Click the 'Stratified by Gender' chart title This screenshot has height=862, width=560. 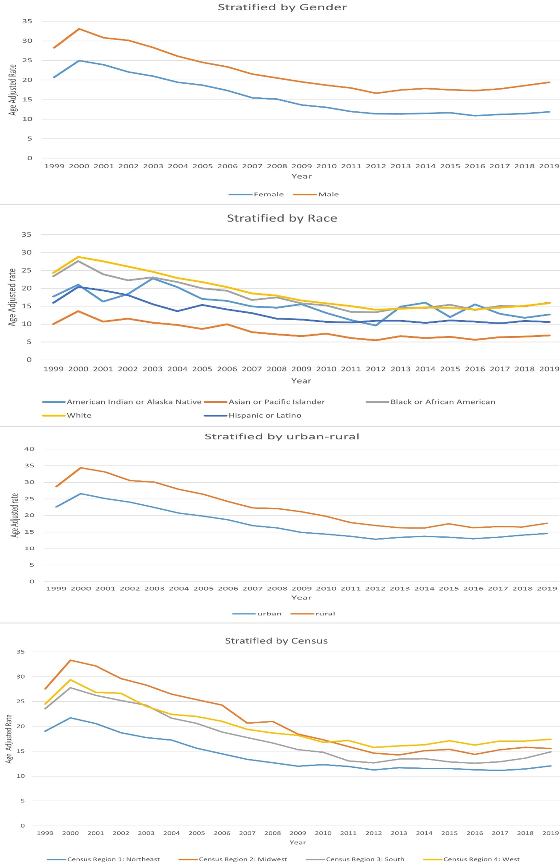point(282,7)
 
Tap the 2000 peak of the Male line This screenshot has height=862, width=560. point(79,29)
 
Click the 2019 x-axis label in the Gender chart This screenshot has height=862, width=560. point(549,166)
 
